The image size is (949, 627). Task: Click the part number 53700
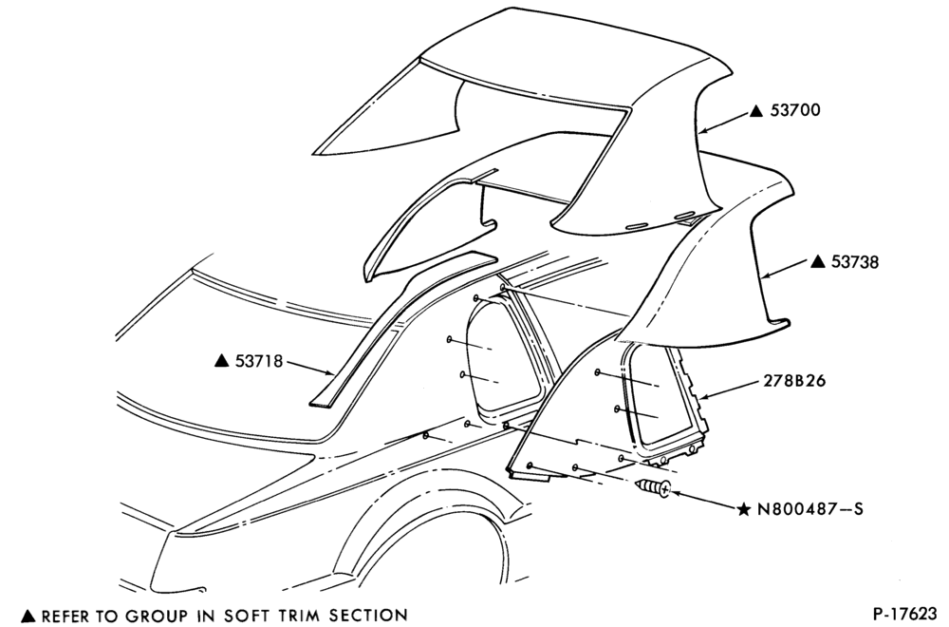click(795, 110)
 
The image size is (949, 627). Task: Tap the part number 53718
click(258, 361)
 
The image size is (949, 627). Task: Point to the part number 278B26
click(794, 381)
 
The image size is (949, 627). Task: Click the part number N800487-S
click(810, 509)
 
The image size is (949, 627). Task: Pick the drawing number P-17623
click(904, 614)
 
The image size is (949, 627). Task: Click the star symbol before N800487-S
click(744, 509)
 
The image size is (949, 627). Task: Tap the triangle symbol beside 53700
click(756, 111)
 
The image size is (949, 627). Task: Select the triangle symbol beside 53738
click(818, 261)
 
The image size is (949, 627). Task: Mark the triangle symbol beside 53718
click(221, 361)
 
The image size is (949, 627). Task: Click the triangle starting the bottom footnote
click(28, 617)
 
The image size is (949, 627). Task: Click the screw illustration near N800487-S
click(654, 487)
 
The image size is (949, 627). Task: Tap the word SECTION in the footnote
click(368, 616)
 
